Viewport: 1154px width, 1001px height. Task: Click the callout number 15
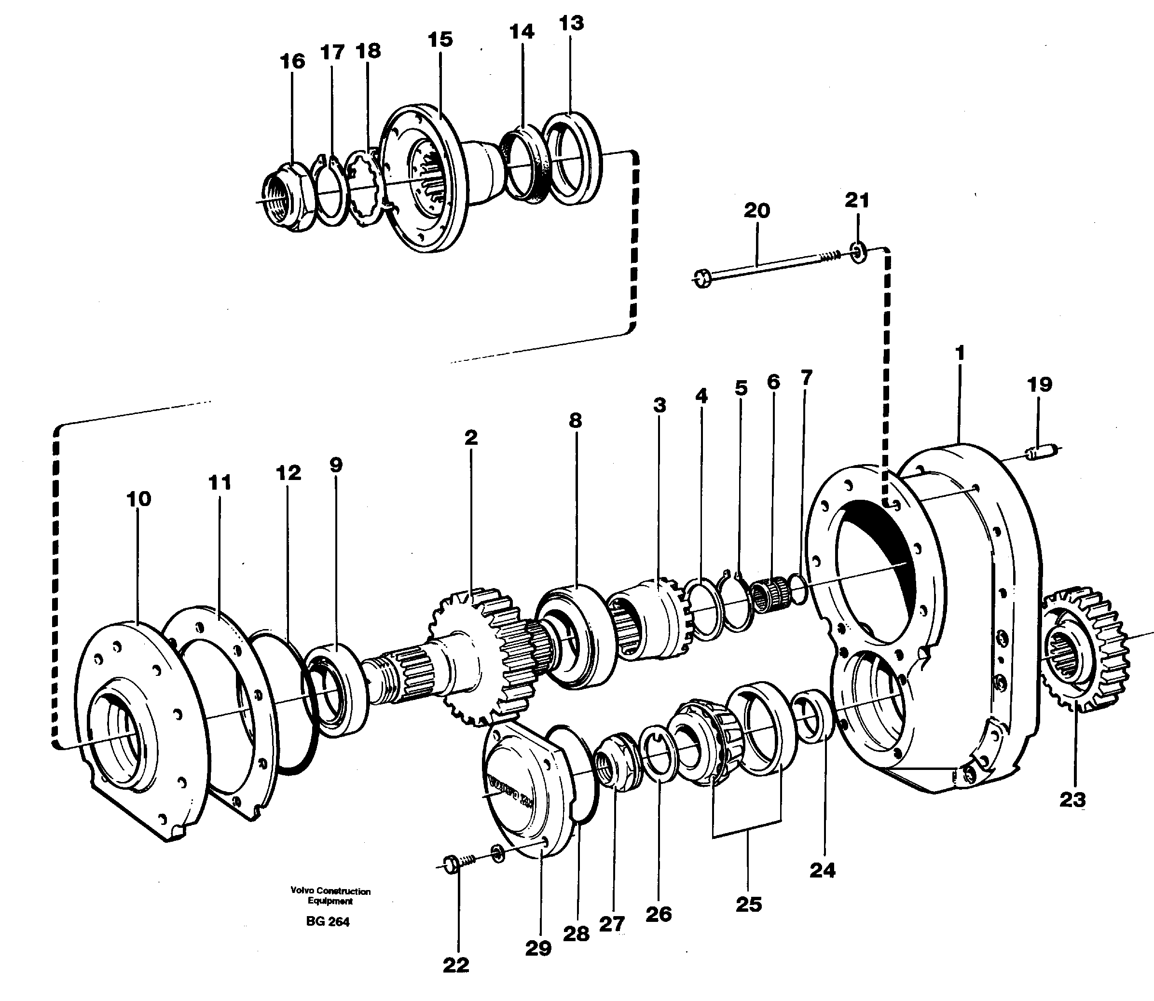click(440, 40)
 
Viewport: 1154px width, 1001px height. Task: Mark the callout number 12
click(288, 473)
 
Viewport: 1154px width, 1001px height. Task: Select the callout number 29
click(538, 948)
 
